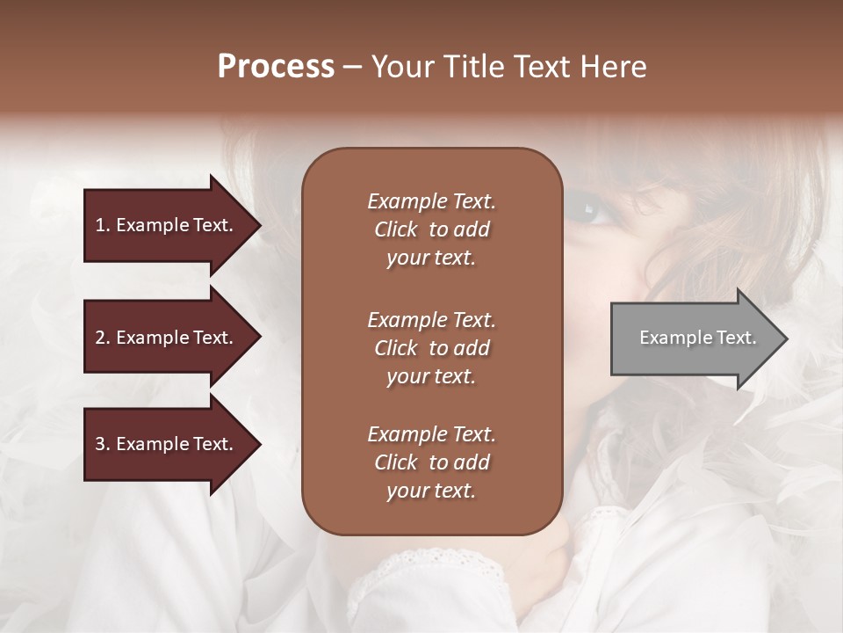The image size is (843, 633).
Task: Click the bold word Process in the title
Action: tap(276, 67)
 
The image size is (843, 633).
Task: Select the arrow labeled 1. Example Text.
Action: tap(167, 225)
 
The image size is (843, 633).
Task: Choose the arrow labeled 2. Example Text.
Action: tap(167, 338)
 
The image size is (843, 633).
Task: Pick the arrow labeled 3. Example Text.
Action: tap(167, 445)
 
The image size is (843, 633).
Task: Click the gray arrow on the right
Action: tap(694, 338)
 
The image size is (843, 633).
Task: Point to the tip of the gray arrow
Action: tap(786, 338)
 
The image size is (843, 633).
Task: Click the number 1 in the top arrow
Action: tap(100, 225)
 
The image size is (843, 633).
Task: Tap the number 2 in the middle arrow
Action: tap(100, 338)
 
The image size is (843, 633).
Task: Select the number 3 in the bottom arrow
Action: tap(100, 445)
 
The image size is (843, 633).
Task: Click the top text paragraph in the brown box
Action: tap(431, 229)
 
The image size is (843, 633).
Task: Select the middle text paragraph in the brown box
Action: tap(431, 348)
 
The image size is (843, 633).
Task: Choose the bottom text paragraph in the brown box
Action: tap(431, 462)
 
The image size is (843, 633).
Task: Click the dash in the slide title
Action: tap(353, 68)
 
